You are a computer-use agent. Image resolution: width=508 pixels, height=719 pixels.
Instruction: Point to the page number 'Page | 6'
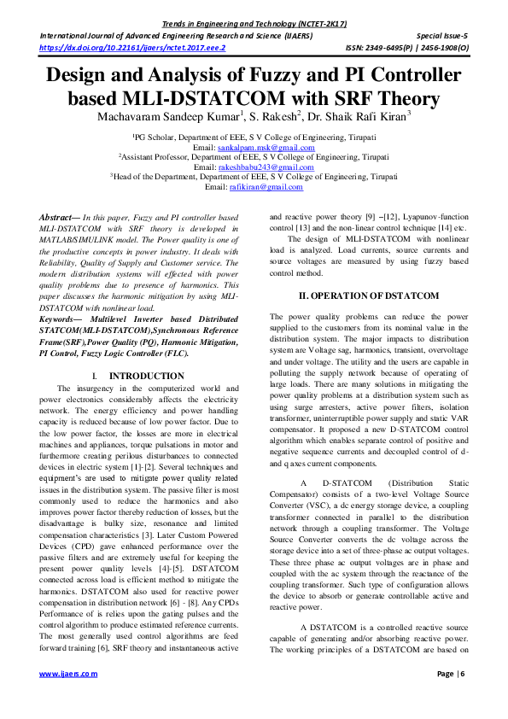point(450,674)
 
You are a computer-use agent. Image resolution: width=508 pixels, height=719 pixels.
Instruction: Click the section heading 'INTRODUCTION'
point(146,376)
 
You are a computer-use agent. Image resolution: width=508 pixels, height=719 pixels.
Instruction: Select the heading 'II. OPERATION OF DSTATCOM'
point(368,295)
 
